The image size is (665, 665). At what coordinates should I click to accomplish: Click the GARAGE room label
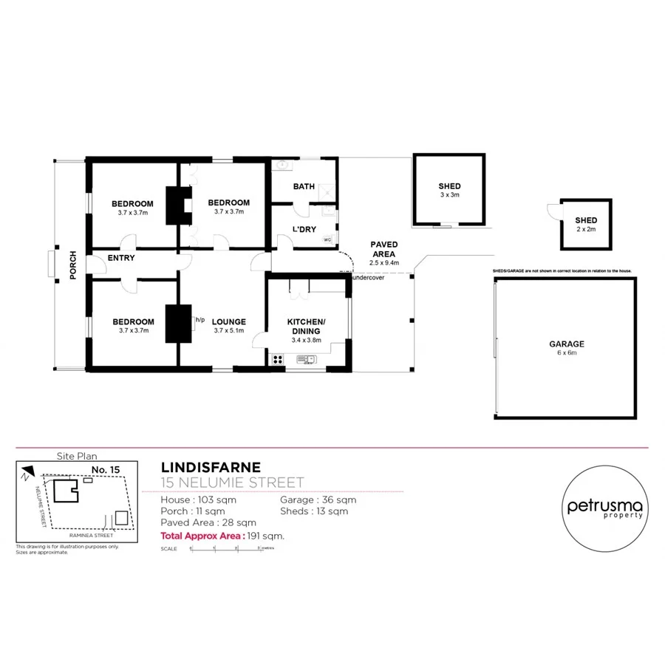566,344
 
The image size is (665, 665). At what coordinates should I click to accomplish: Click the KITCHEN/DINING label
306,326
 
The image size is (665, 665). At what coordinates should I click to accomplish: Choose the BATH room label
304,187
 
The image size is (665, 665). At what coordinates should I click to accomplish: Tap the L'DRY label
304,230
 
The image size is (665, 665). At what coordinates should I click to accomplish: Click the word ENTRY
120,258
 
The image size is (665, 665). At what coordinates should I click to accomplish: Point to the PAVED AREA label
383,249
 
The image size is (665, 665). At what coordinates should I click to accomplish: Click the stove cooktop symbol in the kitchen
279,360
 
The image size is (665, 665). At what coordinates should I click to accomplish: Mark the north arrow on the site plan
28,471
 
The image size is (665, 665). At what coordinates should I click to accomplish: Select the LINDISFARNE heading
210,467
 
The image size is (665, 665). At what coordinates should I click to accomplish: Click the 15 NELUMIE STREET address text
232,483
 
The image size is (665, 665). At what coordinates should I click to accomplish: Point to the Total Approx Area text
222,536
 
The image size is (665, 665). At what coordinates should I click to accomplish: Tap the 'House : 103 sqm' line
199,499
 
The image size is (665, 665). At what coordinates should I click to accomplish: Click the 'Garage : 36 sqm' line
318,499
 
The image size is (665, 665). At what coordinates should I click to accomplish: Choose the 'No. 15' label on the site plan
106,469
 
